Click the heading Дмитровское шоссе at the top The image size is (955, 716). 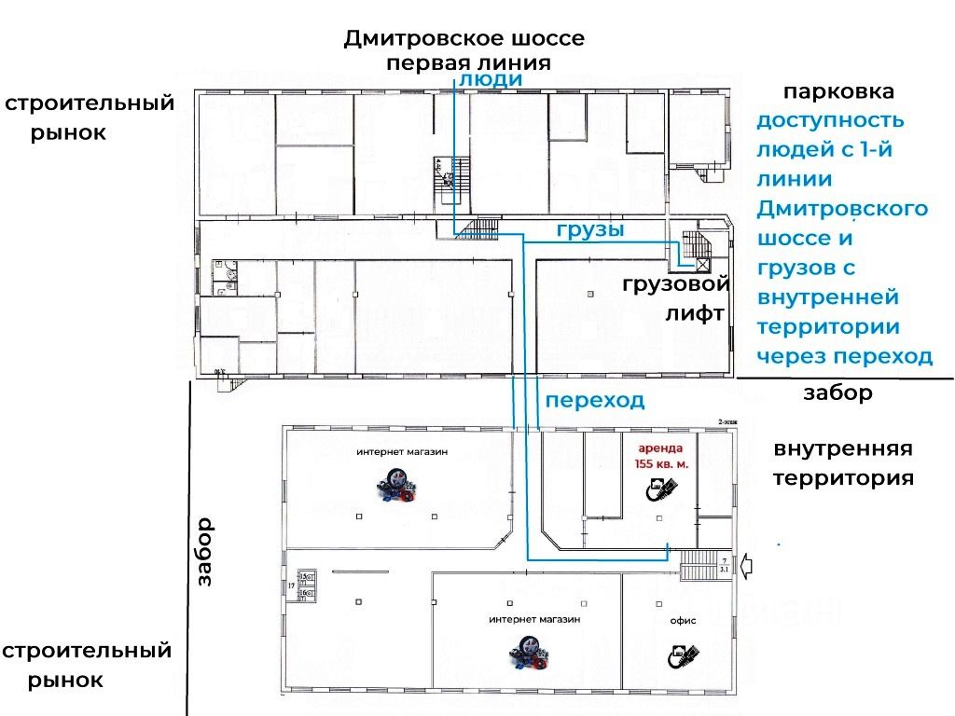click(464, 39)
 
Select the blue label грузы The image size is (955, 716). click(590, 229)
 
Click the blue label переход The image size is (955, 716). click(595, 401)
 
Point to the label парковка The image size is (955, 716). click(838, 92)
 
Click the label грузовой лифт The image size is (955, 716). click(675, 299)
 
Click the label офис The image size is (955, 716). click(683, 621)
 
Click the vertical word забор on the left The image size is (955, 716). click(204, 551)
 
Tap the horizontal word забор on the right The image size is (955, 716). click(837, 393)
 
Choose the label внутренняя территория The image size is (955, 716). click(842, 463)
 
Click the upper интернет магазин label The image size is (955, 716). click(401, 452)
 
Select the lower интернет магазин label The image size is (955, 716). click(534, 619)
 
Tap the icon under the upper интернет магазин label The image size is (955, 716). click(398, 489)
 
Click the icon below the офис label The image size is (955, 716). click(683, 654)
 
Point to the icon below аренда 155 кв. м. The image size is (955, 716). click(661, 489)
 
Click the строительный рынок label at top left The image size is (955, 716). click(89, 117)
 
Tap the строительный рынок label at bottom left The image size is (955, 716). click(86, 665)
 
